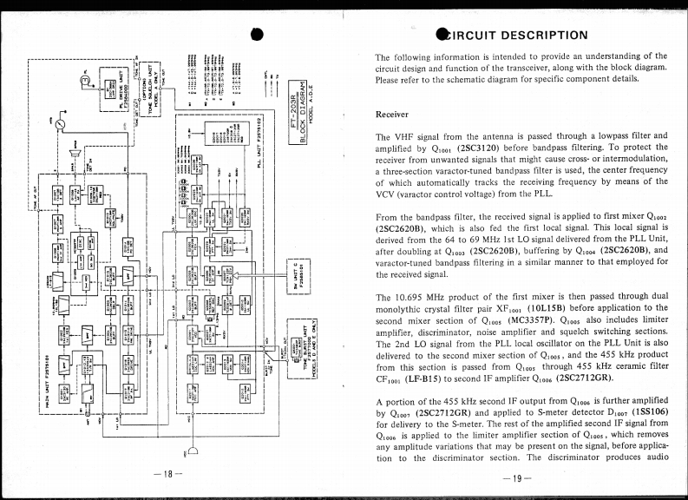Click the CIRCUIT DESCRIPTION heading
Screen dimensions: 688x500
(514, 36)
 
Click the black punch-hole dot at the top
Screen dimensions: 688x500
(257, 34)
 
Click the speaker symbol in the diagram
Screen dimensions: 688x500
(77, 154)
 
